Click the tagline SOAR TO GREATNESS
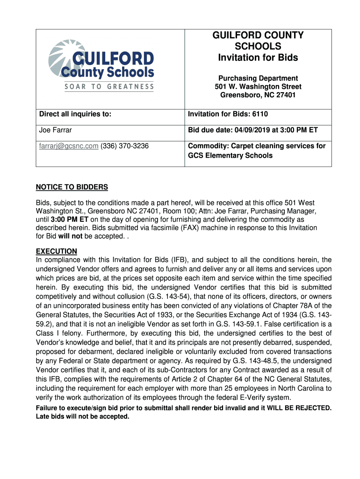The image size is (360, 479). pos(109,87)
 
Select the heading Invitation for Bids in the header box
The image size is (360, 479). pos(258,58)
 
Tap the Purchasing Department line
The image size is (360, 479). pos(258,78)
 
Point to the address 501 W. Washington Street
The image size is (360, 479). pos(258,87)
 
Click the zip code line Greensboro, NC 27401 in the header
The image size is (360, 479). pos(258,95)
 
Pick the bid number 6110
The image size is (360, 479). pos(260,114)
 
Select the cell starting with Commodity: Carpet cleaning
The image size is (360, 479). pos(257,151)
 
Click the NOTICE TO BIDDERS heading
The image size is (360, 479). pos(72,187)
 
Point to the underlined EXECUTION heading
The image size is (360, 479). pos(57,251)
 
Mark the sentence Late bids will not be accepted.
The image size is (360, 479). pos(82,417)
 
